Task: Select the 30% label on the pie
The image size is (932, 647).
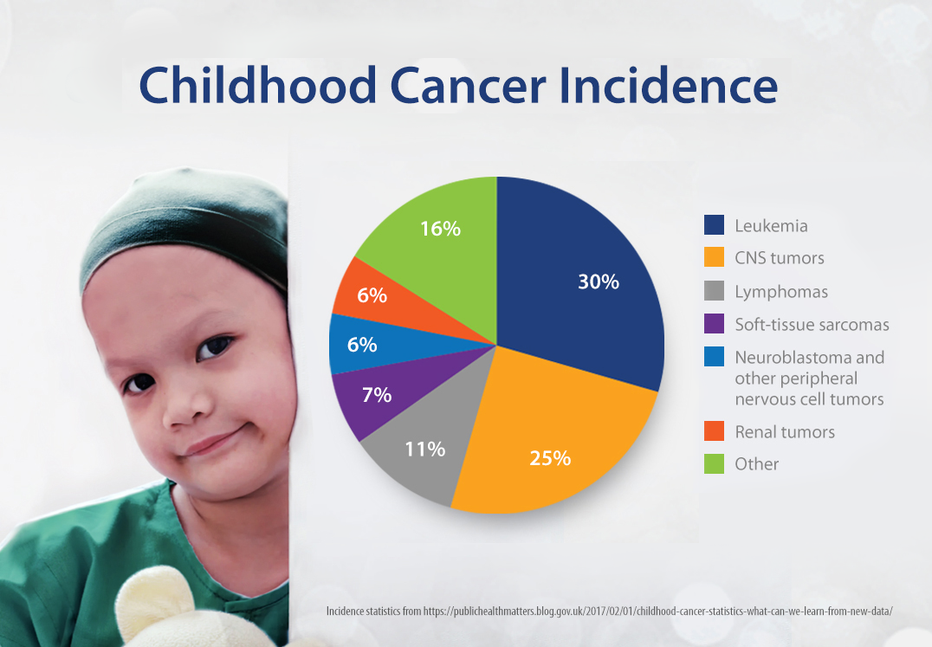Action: [599, 281]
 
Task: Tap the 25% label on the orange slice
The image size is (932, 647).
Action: [550, 458]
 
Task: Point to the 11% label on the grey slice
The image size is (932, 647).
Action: [424, 449]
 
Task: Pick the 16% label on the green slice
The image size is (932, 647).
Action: [440, 229]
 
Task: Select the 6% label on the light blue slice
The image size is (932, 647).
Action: [361, 345]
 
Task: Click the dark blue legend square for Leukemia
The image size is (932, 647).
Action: [714, 226]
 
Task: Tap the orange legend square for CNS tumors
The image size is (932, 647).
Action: [714, 258]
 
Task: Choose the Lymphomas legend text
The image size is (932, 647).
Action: [781, 292]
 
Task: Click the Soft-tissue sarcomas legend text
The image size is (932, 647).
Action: [812, 325]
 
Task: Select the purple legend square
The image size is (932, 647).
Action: [714, 325]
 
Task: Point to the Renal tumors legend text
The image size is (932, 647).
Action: [785, 431]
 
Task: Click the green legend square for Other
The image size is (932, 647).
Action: [714, 463]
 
